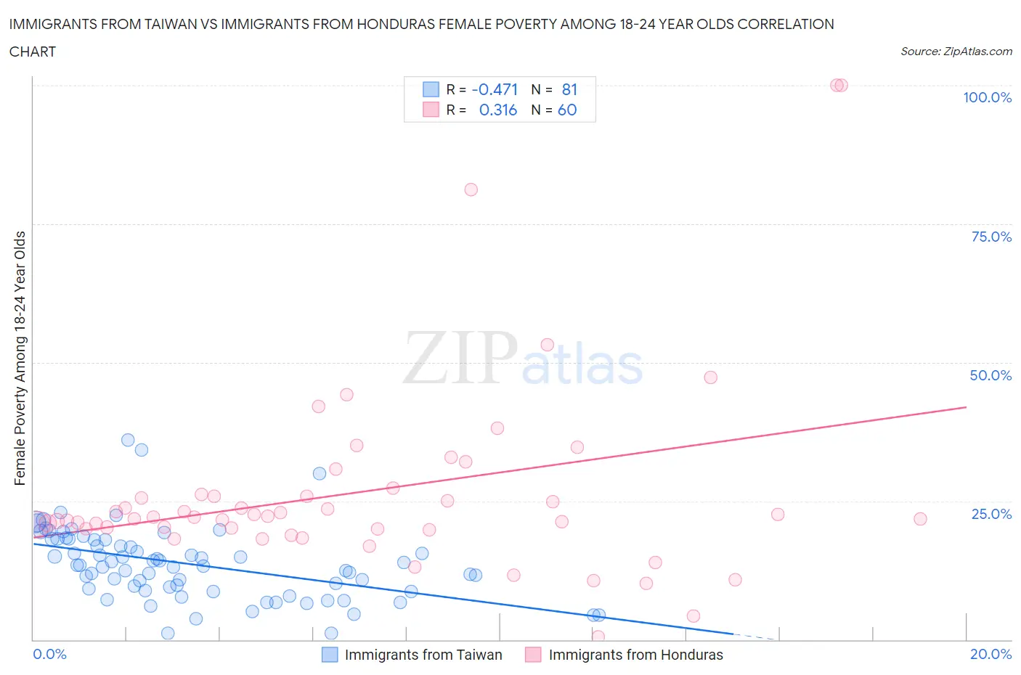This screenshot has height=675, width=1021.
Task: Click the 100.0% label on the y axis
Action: click(x=987, y=97)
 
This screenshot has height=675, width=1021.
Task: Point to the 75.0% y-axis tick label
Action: click(x=991, y=237)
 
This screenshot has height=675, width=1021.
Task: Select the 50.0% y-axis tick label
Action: click(x=991, y=375)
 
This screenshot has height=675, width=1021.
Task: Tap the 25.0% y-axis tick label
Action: click(x=991, y=514)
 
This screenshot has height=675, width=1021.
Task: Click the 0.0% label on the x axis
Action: click(x=49, y=654)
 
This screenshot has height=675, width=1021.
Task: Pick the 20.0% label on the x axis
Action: click(x=991, y=654)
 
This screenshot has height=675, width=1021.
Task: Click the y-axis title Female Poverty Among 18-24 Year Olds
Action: click(x=20, y=358)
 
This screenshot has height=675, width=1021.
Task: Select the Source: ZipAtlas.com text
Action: click(x=956, y=52)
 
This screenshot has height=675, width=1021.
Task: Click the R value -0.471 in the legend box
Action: click(x=495, y=89)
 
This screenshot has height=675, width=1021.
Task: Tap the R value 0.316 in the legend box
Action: click(x=497, y=110)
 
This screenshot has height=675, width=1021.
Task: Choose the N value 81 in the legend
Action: click(x=569, y=89)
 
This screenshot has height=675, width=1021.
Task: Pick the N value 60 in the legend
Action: click(x=567, y=110)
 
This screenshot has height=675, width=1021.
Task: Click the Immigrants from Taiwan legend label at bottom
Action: click(x=423, y=655)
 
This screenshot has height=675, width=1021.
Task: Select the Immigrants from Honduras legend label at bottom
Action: click(x=635, y=655)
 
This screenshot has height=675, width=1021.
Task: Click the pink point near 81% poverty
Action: click(x=471, y=189)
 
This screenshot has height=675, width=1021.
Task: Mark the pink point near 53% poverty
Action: click(x=547, y=345)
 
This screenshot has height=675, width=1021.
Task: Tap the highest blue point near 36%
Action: click(x=128, y=440)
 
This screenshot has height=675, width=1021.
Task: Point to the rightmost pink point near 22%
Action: click(x=920, y=519)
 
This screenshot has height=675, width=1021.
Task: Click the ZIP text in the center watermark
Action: click(x=460, y=357)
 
